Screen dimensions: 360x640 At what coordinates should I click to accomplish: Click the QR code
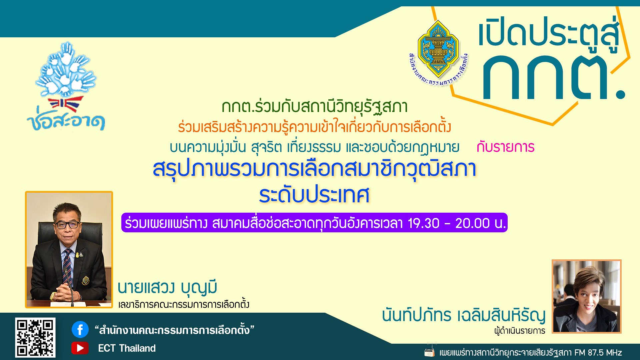(x=35, y=337)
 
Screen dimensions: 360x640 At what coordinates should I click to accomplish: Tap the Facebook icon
(x=80, y=330)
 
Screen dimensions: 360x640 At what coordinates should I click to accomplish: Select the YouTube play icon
(x=80, y=348)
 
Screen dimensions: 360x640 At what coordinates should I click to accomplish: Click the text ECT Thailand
(x=127, y=348)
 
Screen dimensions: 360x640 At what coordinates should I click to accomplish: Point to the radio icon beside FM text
(x=430, y=352)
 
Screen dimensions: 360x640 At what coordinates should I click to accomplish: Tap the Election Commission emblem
(x=438, y=50)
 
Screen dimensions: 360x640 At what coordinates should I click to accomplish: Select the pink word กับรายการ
(x=505, y=147)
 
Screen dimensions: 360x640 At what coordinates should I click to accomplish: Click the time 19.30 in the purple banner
(x=423, y=223)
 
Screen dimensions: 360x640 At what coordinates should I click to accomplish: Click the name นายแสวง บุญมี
(x=167, y=287)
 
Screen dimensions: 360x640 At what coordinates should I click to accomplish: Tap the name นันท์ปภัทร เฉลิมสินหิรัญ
(x=464, y=315)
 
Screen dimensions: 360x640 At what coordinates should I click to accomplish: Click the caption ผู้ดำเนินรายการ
(x=519, y=331)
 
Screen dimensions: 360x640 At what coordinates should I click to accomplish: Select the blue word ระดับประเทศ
(x=314, y=195)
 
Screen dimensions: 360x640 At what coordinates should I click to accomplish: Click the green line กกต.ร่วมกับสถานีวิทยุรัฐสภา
(x=314, y=107)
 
